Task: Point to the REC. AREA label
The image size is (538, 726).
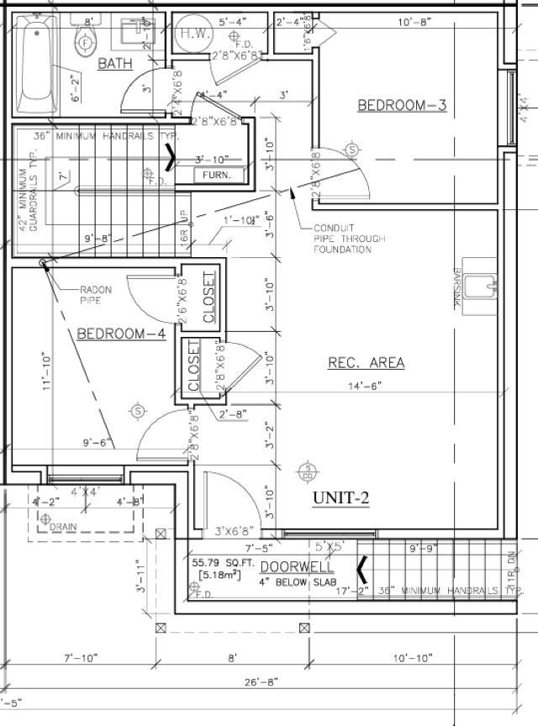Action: point(366,363)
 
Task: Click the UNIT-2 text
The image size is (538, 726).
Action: point(341,497)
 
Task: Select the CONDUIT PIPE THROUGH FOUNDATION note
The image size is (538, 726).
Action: point(350,239)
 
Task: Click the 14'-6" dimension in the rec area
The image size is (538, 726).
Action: point(365,386)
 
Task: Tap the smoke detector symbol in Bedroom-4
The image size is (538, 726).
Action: point(138,411)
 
